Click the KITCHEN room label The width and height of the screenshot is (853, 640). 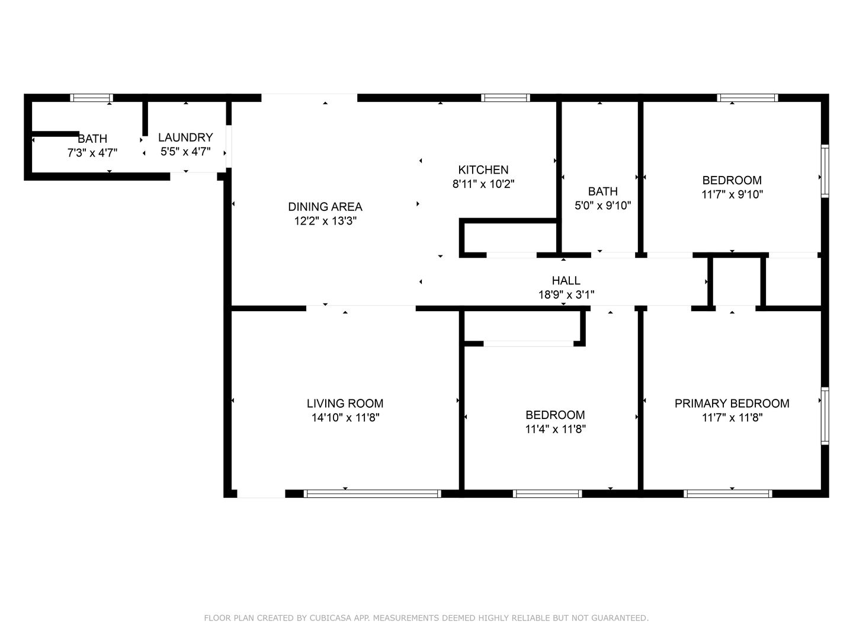(483, 170)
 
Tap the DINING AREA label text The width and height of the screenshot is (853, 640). (325, 207)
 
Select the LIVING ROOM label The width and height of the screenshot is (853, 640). (345, 404)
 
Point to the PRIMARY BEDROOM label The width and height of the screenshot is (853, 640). (732, 404)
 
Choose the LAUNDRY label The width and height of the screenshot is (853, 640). (185, 137)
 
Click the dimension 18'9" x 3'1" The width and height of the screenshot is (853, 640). (566, 295)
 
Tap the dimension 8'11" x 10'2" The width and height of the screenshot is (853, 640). (483, 184)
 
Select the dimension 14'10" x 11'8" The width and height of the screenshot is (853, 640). (345, 418)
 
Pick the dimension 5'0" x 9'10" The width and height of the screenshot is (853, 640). (603, 206)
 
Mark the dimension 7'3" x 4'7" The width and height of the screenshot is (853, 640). (92, 153)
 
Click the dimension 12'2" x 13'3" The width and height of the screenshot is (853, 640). (325, 221)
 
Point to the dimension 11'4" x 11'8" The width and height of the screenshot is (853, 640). (555, 430)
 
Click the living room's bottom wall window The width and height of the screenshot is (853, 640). (372, 494)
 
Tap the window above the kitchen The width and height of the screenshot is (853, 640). (505, 98)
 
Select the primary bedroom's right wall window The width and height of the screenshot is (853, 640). (825, 416)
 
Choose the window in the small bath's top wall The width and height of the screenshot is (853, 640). (91, 98)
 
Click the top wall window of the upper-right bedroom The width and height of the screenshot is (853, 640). (748, 98)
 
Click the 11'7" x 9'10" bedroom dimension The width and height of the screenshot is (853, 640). (732, 194)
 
